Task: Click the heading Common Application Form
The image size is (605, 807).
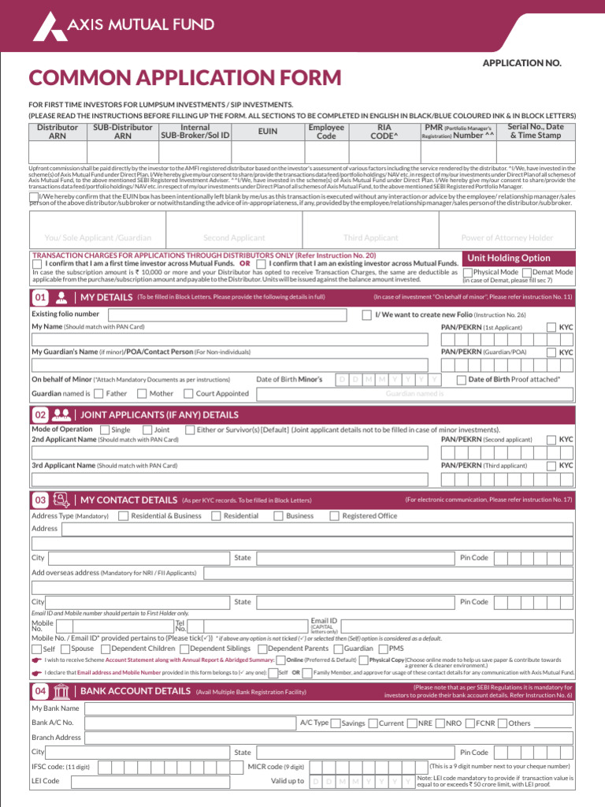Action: [x=185, y=78]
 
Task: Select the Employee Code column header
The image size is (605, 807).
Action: [x=326, y=131]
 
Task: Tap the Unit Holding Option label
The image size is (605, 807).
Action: [x=509, y=258]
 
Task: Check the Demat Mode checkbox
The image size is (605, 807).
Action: [x=528, y=272]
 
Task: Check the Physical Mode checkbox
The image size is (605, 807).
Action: [x=468, y=272]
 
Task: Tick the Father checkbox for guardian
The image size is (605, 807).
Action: [x=98, y=393]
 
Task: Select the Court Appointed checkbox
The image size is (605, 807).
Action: [x=189, y=393]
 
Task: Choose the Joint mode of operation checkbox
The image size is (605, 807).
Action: [x=147, y=430]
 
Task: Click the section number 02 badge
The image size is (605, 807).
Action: [x=40, y=415]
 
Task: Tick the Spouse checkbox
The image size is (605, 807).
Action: [x=65, y=649]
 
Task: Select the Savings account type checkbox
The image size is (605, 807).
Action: [x=336, y=723]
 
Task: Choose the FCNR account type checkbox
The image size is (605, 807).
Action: [x=470, y=723]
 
